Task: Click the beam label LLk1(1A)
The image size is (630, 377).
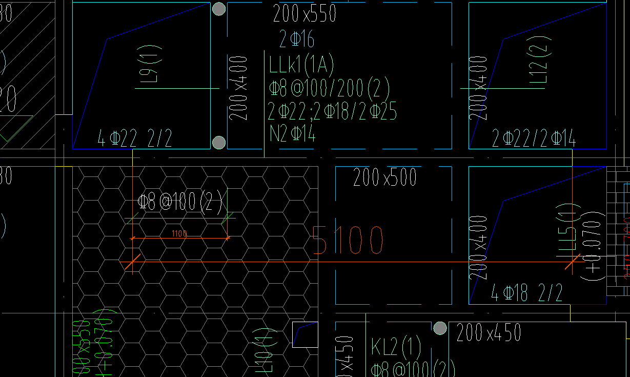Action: tap(301, 66)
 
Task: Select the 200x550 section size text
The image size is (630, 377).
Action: tap(304, 14)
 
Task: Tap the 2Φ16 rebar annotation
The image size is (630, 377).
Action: tap(297, 39)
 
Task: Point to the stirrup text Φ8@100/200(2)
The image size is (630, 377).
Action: tap(329, 89)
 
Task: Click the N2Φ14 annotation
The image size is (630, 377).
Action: tap(293, 134)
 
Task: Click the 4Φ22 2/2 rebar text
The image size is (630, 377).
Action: tap(134, 138)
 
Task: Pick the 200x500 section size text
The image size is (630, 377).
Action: tap(385, 178)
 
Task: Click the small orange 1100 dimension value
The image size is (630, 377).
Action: tap(179, 234)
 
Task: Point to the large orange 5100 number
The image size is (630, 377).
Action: tap(348, 240)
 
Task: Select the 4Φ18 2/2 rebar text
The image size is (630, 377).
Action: tap(526, 293)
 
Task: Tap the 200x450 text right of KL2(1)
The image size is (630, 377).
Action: tap(489, 332)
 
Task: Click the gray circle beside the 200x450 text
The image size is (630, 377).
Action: tap(440, 329)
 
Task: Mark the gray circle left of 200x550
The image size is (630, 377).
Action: tap(219, 9)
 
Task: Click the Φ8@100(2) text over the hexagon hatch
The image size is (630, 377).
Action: tap(180, 203)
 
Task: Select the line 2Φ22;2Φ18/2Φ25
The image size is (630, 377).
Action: tap(333, 111)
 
